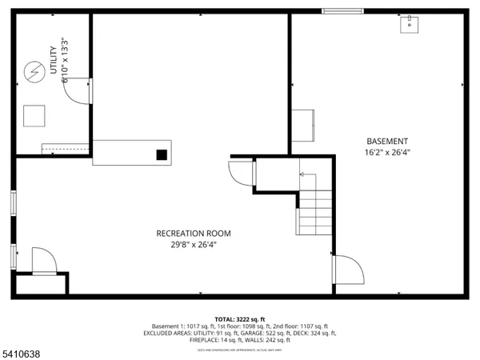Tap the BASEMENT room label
(386, 141)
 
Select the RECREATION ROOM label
(194, 234)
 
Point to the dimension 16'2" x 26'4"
(386, 151)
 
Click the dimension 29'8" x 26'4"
(194, 244)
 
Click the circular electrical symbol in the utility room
(33, 72)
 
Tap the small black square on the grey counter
(162, 154)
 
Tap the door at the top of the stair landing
(242, 173)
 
